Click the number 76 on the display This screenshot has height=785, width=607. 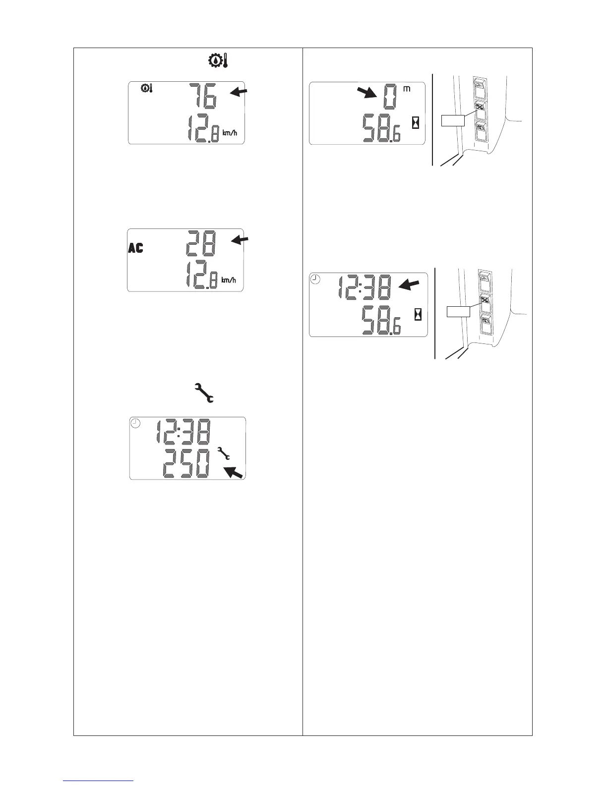(x=202, y=96)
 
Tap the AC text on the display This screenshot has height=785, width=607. (x=135, y=248)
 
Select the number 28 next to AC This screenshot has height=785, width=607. (x=200, y=244)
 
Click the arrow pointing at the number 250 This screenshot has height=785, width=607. (x=233, y=472)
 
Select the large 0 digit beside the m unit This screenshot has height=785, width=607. (x=390, y=96)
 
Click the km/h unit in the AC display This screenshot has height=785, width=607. (x=229, y=280)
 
